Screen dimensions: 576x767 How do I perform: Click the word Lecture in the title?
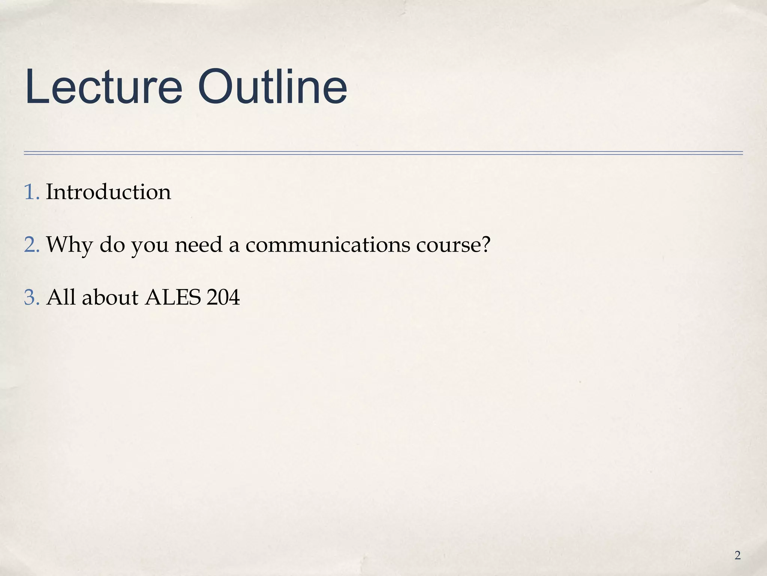coord(104,87)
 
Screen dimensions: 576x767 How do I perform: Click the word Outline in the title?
coord(273,87)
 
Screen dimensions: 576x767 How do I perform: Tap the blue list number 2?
coord(31,245)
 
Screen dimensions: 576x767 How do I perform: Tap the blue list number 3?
coord(31,298)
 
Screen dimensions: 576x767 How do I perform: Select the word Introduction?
coord(108,192)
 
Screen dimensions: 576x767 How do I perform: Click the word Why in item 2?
coord(69,246)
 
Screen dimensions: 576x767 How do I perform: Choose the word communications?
coord(328,245)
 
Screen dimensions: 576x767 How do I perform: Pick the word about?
coord(110,298)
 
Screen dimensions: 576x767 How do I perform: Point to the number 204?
coord(223,298)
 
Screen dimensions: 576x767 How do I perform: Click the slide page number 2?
coord(737,555)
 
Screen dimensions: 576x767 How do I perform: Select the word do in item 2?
coord(112,245)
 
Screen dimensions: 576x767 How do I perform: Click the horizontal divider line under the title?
coord(383,153)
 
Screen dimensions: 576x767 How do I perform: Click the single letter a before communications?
coord(234,246)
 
